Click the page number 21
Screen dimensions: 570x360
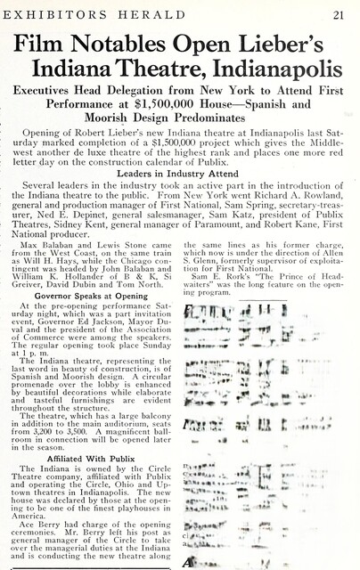pyautogui.click(x=340, y=12)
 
